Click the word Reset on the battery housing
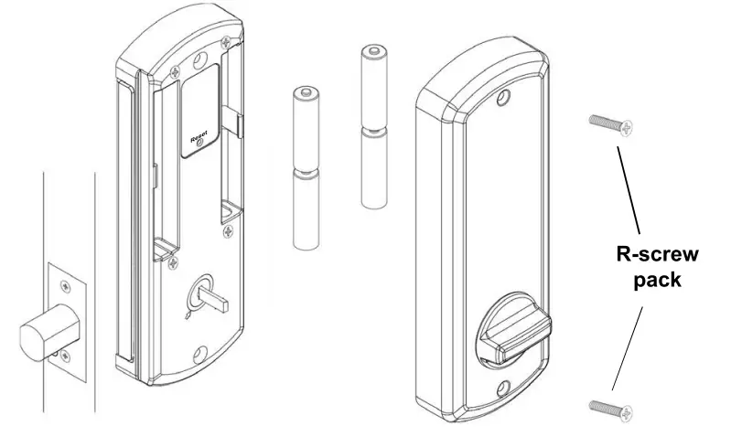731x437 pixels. click(x=199, y=138)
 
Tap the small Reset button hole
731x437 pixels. click(x=200, y=144)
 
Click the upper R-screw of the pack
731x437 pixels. click(x=611, y=124)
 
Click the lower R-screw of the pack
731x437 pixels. click(x=611, y=409)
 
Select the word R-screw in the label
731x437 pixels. click(x=657, y=254)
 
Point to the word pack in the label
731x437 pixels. click(x=657, y=281)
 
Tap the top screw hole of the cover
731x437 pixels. click(x=503, y=97)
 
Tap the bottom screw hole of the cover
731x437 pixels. click(x=503, y=389)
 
